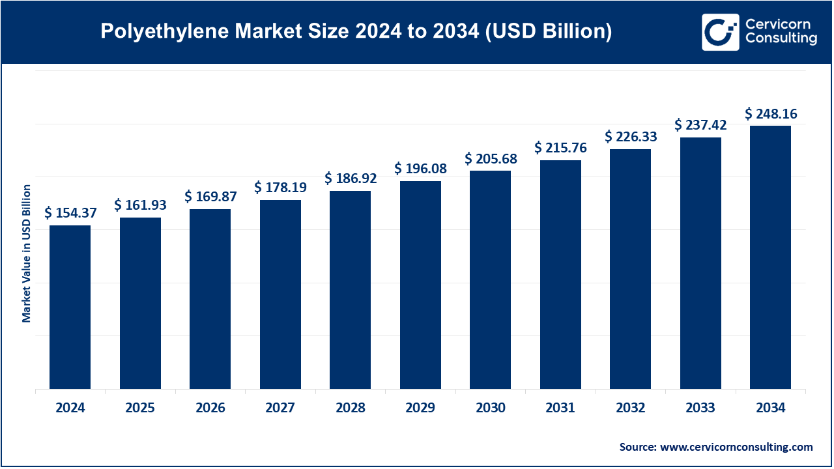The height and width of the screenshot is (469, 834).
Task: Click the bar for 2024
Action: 70,307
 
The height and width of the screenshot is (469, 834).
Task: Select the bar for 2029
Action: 420,285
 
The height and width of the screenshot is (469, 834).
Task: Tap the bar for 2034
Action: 770,257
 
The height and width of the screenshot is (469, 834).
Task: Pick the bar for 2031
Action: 560,275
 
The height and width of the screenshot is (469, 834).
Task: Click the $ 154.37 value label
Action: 70,213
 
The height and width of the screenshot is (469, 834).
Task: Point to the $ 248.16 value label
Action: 771,114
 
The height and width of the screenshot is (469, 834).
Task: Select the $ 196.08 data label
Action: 420,169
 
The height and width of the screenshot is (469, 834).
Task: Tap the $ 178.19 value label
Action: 280,188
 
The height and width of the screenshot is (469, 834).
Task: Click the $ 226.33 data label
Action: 631,137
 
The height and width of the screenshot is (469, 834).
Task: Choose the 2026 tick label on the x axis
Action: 210,408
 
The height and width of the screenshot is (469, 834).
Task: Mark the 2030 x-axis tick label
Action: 490,408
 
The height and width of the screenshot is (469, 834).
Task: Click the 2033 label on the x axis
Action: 700,408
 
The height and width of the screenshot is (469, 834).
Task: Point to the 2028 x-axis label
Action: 350,408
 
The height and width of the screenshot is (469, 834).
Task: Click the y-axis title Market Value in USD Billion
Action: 27,253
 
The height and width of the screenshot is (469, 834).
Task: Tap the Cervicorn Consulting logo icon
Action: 720,32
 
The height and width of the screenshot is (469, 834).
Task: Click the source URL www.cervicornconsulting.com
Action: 736,447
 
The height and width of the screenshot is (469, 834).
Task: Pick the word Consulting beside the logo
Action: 781,39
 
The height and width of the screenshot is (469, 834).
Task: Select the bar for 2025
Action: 140,304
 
